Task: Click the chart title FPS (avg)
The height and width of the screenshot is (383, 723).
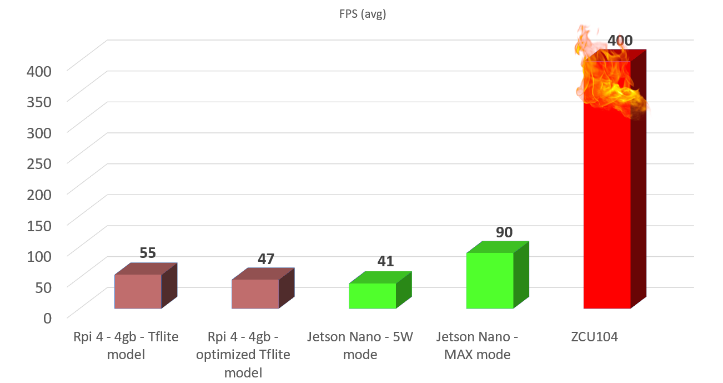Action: click(363, 15)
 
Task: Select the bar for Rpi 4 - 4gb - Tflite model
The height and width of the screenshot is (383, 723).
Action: click(138, 291)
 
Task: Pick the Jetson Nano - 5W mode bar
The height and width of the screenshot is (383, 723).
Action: click(372, 296)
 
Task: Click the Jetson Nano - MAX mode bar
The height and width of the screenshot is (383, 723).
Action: click(490, 280)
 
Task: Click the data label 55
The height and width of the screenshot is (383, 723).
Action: click(147, 253)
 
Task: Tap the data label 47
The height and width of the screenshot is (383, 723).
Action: click(266, 258)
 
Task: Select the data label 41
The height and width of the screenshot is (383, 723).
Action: click(385, 261)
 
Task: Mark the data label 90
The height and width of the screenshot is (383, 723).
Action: click(504, 232)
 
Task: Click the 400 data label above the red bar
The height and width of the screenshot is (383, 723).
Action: click(620, 41)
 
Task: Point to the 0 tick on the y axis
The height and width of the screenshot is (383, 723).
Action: click(48, 317)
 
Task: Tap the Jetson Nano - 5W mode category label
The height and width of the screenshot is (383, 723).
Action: click(360, 346)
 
